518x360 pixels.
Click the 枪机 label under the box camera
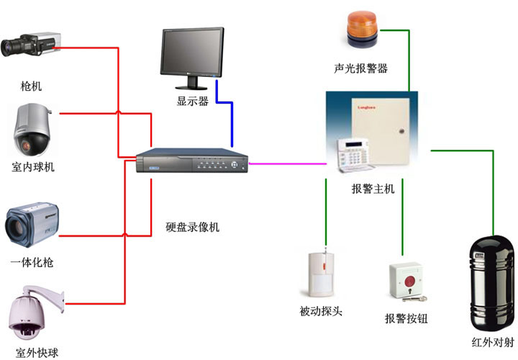32,86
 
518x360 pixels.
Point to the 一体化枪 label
32,263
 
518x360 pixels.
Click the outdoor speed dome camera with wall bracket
33,314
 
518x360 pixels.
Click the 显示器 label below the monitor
193,101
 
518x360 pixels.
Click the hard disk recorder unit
191,162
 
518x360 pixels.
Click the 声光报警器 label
361,68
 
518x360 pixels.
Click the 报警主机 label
373,189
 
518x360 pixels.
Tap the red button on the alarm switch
409,279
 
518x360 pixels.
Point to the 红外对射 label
489,342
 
